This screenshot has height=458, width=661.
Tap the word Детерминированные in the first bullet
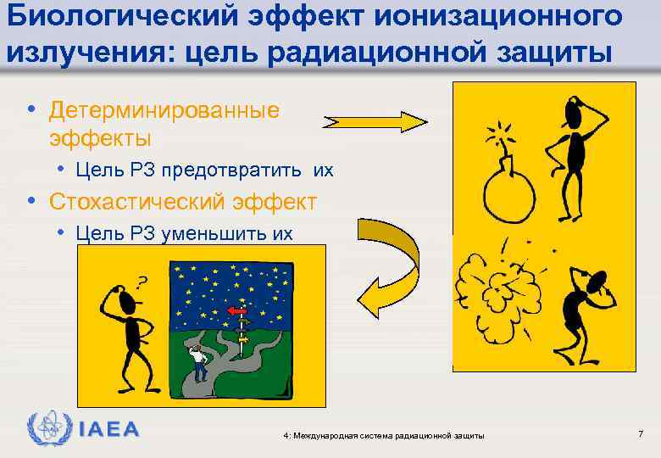click(x=164, y=111)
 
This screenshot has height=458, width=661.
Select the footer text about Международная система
click(x=385, y=435)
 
